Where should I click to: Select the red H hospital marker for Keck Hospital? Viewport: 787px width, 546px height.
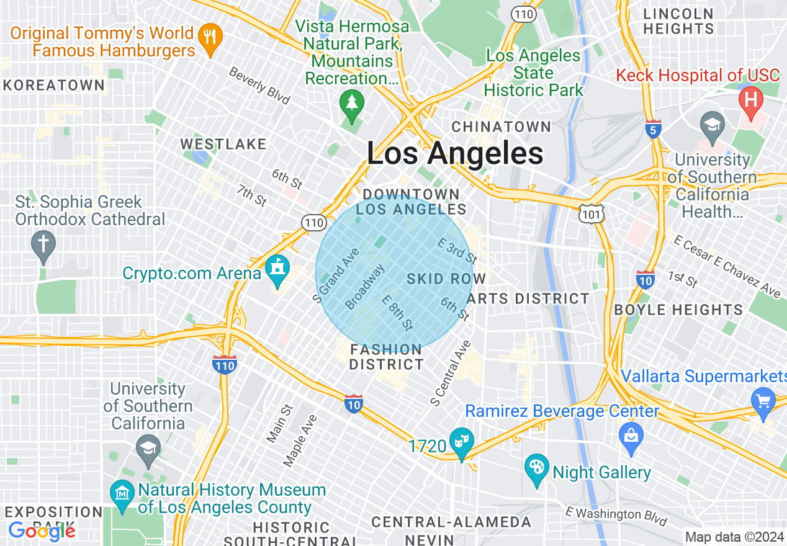click(x=751, y=100)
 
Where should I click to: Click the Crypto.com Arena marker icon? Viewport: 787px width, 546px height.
click(x=277, y=270)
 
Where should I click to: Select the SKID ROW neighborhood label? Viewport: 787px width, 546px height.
click(x=446, y=279)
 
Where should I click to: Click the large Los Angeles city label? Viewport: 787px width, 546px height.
click(x=455, y=153)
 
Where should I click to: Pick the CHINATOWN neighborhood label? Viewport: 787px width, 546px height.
click(x=501, y=127)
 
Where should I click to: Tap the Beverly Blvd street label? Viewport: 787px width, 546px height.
click(x=259, y=85)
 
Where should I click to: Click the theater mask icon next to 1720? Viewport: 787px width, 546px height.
click(x=462, y=441)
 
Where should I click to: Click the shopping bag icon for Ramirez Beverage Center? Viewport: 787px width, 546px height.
click(x=631, y=434)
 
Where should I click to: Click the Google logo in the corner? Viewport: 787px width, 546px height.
click(x=42, y=531)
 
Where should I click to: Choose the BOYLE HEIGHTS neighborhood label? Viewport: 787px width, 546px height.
click(x=678, y=310)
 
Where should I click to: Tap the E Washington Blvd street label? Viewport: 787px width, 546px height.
click(x=616, y=515)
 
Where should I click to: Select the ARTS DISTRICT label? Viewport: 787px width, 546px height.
click(x=527, y=298)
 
